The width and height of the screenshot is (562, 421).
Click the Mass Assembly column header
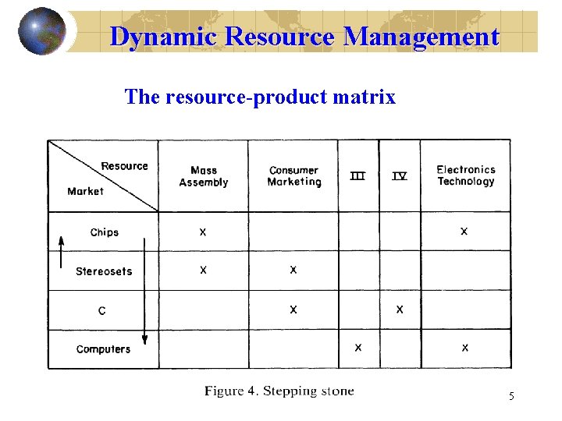[203, 176]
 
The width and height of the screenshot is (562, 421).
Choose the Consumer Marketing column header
[293, 176]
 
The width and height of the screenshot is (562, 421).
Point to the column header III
[357, 176]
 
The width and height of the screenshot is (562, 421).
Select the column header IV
[399, 176]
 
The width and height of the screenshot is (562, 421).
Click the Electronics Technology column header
[465, 175]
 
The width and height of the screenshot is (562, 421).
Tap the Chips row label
[104, 232]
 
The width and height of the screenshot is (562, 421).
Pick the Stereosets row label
[104, 271]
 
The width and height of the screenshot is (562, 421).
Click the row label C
[102, 311]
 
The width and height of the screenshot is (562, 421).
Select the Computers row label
[103, 349]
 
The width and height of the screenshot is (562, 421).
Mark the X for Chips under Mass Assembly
[203, 232]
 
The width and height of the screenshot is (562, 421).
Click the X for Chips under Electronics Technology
[464, 232]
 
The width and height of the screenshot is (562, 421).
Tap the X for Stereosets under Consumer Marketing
[293, 270]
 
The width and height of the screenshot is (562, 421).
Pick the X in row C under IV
[400, 310]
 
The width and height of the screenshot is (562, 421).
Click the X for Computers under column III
[357, 348]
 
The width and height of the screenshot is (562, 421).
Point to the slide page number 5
[511, 397]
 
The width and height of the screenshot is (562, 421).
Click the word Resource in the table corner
[124, 166]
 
